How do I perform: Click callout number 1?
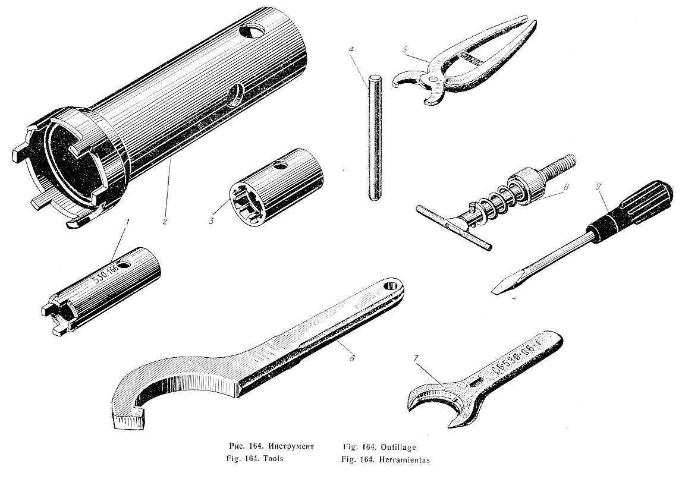pyautogui.click(x=127, y=222)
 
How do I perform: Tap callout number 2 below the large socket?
pyautogui.click(x=165, y=221)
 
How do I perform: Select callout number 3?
pyautogui.click(x=212, y=221)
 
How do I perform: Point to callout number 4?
pyautogui.click(x=351, y=49)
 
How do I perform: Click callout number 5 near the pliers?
pyautogui.click(x=406, y=49)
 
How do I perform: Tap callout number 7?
pyautogui.click(x=416, y=358)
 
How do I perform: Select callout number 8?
pyautogui.click(x=566, y=187)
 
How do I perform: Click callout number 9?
pyautogui.click(x=599, y=187)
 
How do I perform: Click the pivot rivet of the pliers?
pyautogui.click(x=432, y=78)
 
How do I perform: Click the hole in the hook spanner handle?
pyautogui.click(x=392, y=286)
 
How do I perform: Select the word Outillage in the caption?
pyautogui.click(x=398, y=447)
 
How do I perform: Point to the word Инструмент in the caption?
pyautogui.click(x=291, y=446)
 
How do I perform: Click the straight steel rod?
pyautogui.click(x=375, y=138)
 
